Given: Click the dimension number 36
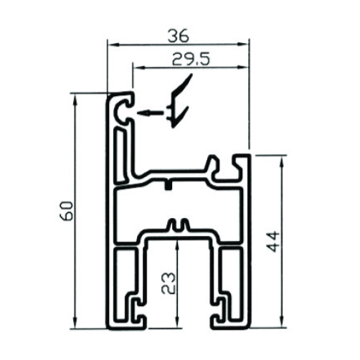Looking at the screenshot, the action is tap(179, 37).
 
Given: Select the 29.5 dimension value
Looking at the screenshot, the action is tap(191, 60).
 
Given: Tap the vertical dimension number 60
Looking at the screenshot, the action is tap(66, 212).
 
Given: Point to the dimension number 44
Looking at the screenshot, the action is tap(273, 241).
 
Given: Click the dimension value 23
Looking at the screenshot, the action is tap(169, 283).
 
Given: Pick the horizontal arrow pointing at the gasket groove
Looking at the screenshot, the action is tap(151, 113).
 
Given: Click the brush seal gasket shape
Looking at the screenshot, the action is tap(179, 101).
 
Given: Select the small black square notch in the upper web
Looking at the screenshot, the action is tap(169, 186).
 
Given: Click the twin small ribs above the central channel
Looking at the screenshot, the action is tap(177, 224).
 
